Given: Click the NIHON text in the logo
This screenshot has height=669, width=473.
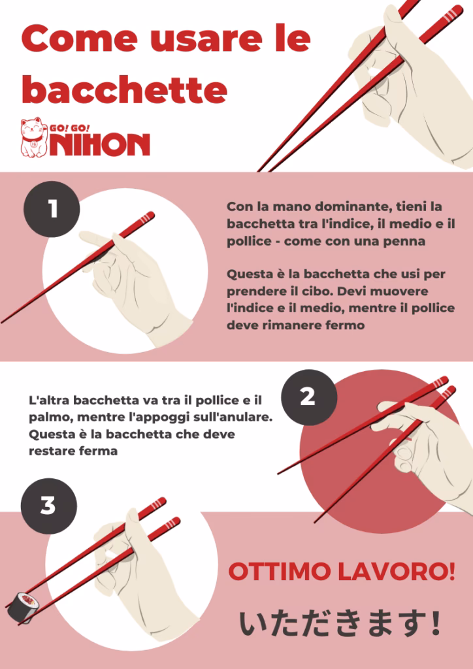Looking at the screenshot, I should [100, 144].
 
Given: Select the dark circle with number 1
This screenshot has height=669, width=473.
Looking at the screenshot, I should [52, 209].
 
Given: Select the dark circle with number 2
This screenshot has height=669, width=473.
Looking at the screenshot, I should [308, 397].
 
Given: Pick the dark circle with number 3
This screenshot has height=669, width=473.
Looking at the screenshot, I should [48, 506].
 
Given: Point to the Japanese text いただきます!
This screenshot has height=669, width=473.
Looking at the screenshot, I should [340, 624].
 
